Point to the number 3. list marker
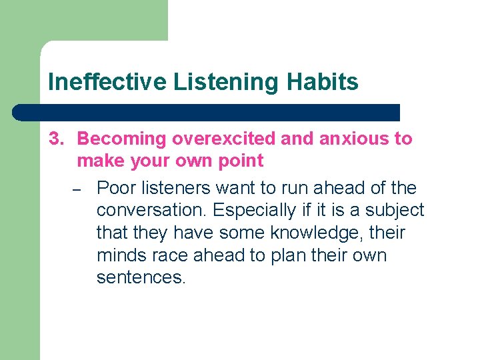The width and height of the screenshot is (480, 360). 58,139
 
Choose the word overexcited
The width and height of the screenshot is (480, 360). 223,139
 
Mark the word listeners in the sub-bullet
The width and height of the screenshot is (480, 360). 176,188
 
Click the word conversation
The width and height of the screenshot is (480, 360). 153,210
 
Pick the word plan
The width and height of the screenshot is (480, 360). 273,256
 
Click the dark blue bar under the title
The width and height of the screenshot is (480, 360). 207,112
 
